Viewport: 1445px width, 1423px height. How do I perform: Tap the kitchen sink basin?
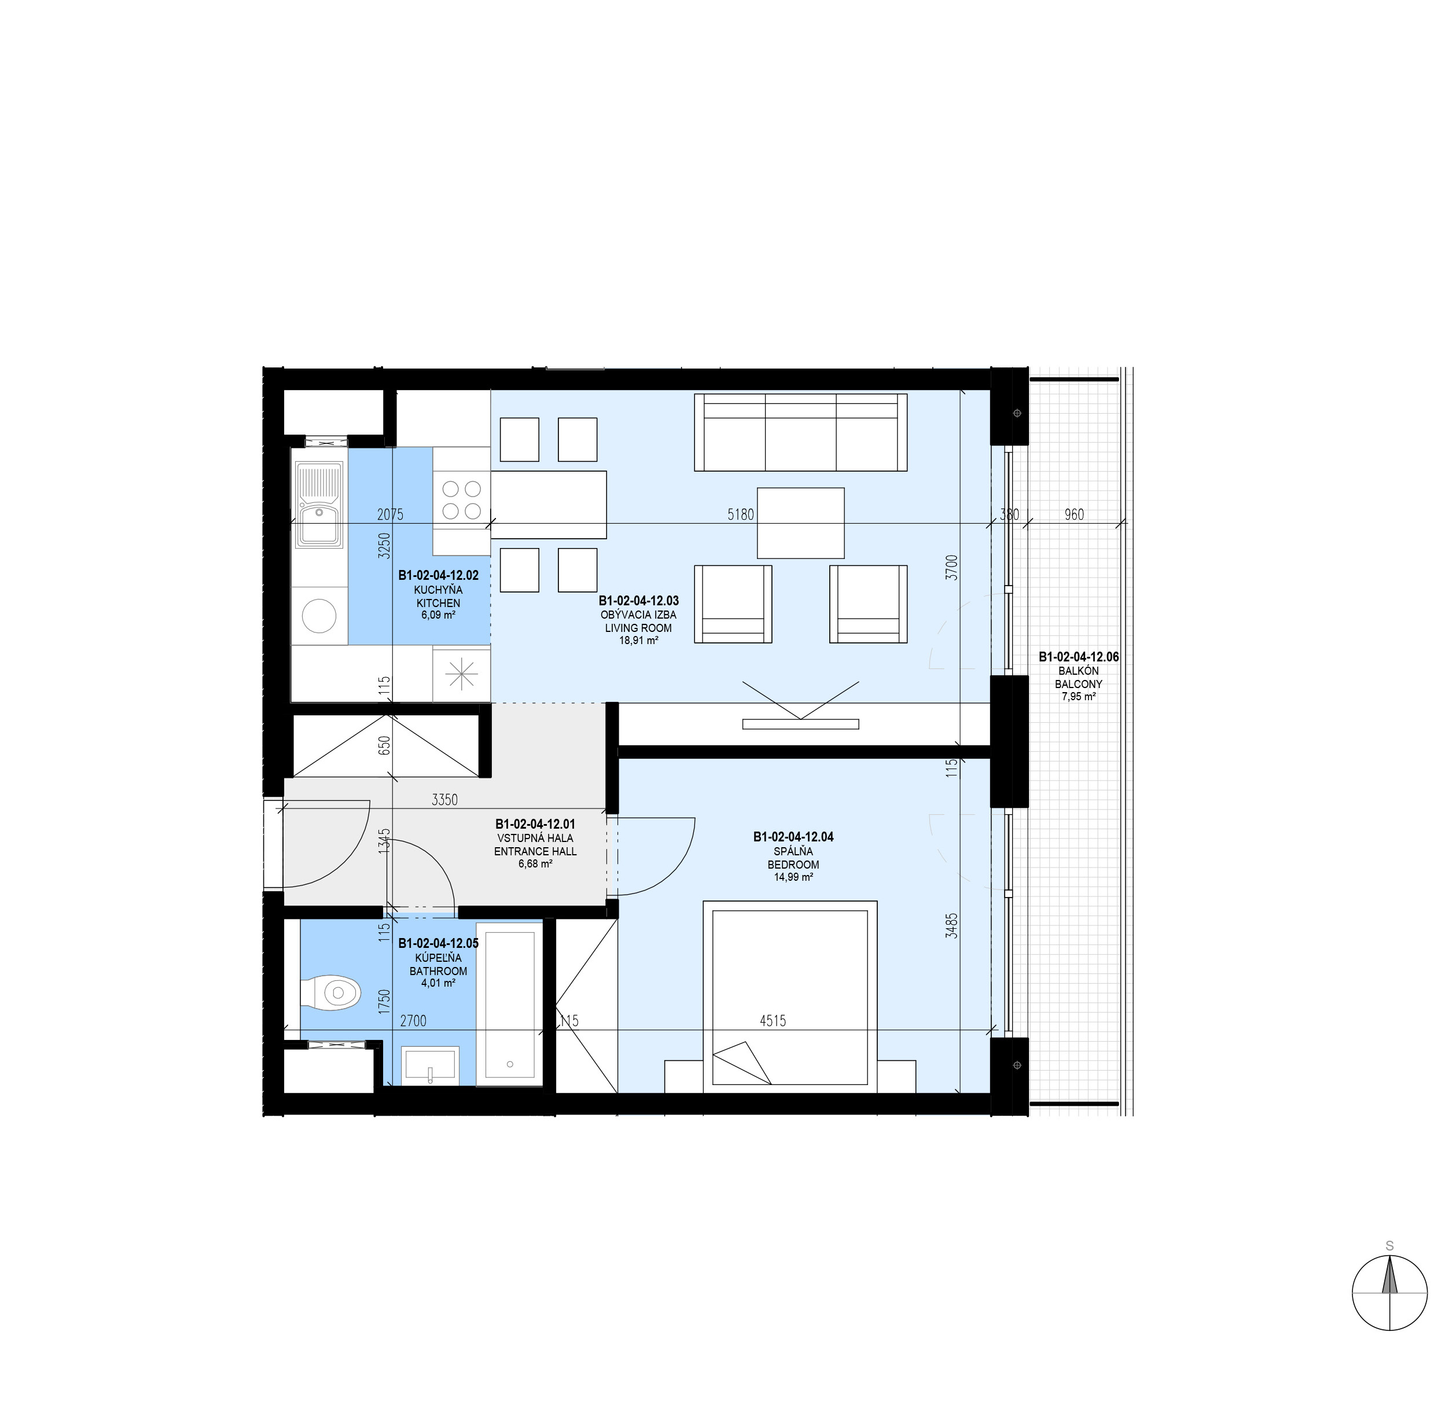pyautogui.click(x=320, y=506)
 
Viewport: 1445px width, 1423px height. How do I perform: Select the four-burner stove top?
pyautogui.click(x=461, y=499)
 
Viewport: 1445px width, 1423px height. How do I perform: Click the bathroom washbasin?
pyautogui.click(x=430, y=1065)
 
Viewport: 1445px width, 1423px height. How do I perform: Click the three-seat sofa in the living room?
pyautogui.click(x=800, y=432)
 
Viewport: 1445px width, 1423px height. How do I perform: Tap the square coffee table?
pyautogui.click(x=800, y=523)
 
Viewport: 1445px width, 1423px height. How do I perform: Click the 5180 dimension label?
pyautogui.click(x=740, y=514)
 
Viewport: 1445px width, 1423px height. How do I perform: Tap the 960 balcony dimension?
pyautogui.click(x=1073, y=514)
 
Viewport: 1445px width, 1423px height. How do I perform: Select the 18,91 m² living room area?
pyautogui.click(x=638, y=641)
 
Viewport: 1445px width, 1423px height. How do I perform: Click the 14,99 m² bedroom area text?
pyautogui.click(x=793, y=877)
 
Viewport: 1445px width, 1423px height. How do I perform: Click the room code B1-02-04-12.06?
pyautogui.click(x=1079, y=657)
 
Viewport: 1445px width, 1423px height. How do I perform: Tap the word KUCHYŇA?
pyautogui.click(x=438, y=590)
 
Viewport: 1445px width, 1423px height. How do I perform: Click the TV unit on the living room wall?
pyautogui.click(x=800, y=723)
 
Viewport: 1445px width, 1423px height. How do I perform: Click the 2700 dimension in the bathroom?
pyautogui.click(x=413, y=1020)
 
